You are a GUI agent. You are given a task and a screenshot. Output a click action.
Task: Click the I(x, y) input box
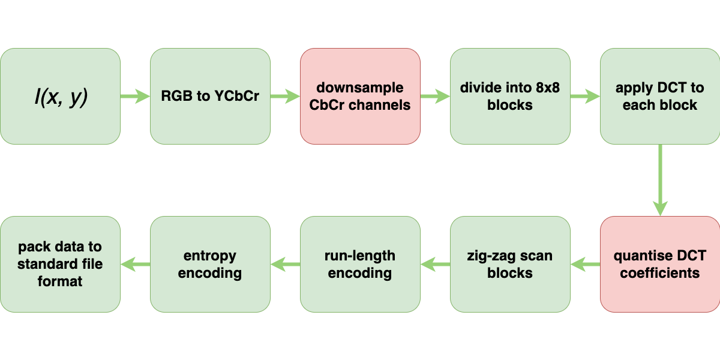(x=60, y=96)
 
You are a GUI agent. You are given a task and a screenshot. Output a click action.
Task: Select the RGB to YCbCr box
(x=210, y=96)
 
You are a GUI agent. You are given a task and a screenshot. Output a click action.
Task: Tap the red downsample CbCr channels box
(x=360, y=96)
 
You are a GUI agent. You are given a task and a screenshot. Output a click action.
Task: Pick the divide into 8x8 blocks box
(x=510, y=96)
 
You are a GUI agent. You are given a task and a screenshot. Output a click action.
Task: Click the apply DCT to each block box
(x=660, y=96)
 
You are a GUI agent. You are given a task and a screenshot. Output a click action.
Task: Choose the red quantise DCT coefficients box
(x=660, y=264)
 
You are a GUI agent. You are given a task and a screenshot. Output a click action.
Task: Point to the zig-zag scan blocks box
(x=510, y=264)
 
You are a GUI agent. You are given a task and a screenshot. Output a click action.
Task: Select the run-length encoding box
(x=360, y=264)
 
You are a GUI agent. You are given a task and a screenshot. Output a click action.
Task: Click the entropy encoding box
(x=210, y=264)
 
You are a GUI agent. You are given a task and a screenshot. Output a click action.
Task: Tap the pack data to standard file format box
(x=60, y=264)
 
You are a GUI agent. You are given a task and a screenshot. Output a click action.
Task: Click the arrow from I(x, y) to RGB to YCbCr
(x=135, y=96)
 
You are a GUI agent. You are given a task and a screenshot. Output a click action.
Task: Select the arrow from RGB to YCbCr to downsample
(x=285, y=96)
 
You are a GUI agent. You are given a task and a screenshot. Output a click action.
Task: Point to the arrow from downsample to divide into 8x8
(x=435, y=96)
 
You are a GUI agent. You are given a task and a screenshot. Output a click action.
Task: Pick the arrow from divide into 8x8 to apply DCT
(x=585, y=96)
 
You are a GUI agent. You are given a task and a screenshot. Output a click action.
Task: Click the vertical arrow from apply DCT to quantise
(x=660, y=180)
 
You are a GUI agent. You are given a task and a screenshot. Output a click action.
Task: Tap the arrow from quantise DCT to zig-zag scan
(x=585, y=264)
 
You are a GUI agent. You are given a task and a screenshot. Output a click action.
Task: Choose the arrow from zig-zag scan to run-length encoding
(x=435, y=264)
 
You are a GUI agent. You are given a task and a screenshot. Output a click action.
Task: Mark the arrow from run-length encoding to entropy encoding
(x=285, y=264)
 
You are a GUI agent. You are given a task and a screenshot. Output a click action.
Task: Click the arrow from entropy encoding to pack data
(x=135, y=264)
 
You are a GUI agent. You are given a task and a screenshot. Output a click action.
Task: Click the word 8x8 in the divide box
(x=545, y=88)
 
